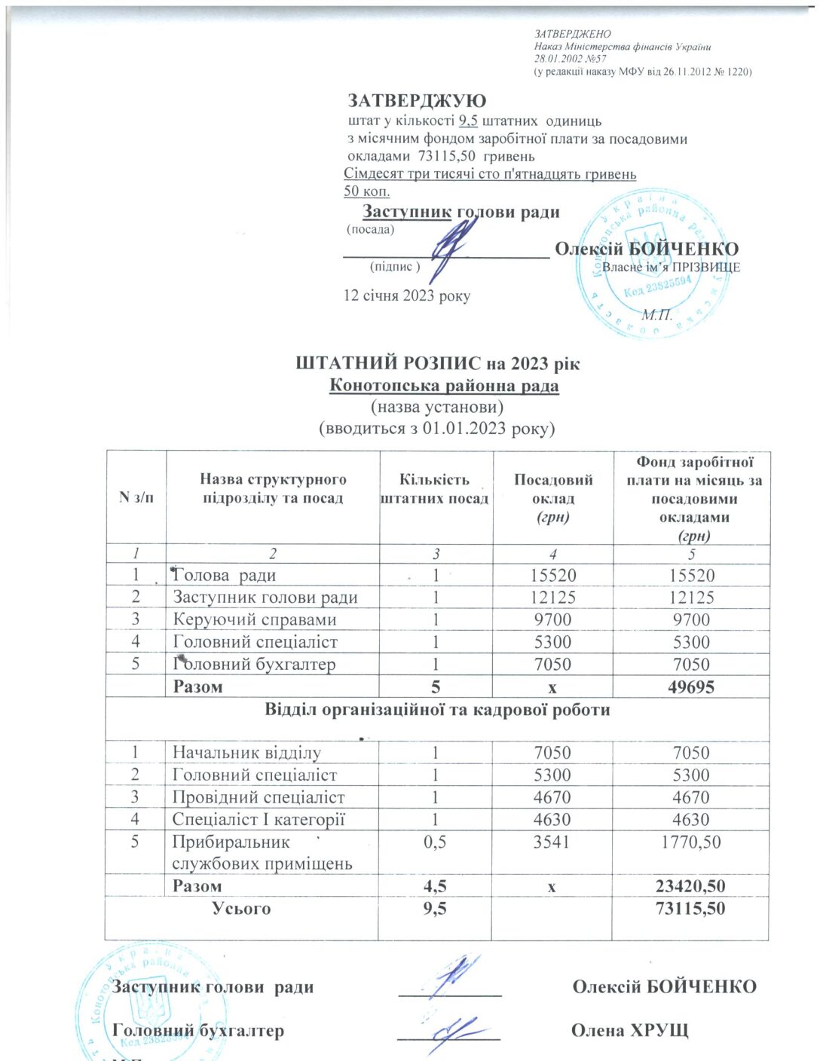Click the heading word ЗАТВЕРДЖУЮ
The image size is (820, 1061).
click(417, 100)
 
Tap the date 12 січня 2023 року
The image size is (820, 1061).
click(406, 295)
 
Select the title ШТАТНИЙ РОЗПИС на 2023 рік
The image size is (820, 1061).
click(437, 363)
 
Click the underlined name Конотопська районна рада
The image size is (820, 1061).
click(444, 386)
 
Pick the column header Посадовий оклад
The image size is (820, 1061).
click(552, 498)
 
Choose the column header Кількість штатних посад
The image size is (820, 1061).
click(435, 489)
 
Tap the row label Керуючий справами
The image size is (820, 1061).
click(255, 619)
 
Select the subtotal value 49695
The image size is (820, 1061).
click(691, 686)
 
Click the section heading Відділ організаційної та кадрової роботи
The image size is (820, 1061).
click(437, 710)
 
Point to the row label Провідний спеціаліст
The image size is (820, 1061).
click(259, 797)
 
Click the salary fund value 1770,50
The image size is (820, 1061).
click(690, 842)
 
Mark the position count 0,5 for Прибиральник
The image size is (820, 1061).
click(435, 842)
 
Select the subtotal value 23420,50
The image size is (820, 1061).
click(690, 886)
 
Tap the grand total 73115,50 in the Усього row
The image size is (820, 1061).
click(690, 909)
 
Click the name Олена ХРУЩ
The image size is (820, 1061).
click(629, 1030)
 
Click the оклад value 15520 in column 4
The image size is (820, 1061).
click(552, 576)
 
